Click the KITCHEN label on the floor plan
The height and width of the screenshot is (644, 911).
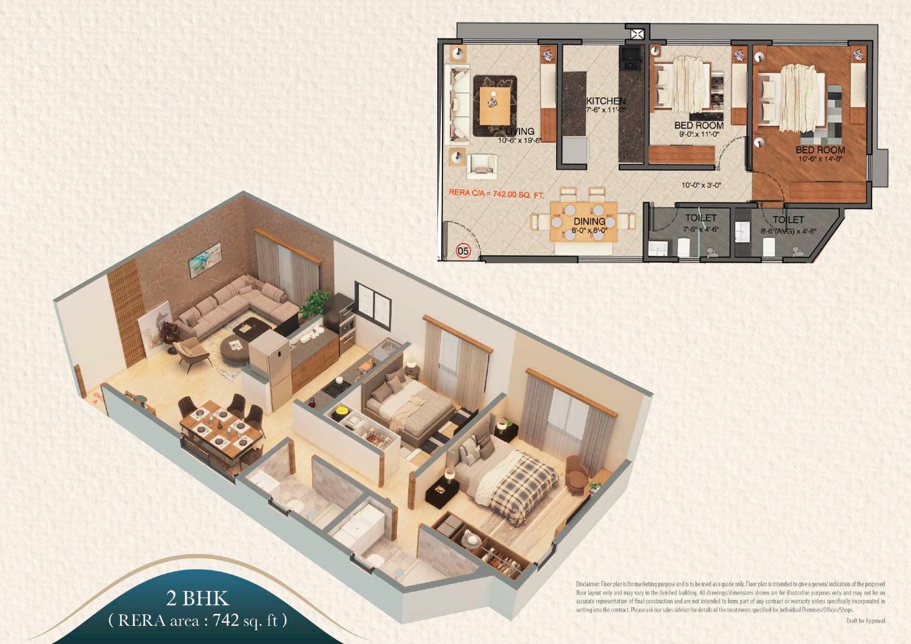tap(606, 101)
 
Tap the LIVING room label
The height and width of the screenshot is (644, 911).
tap(519, 131)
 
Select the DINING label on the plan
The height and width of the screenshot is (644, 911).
tap(589, 221)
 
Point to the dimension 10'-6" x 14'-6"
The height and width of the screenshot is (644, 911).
tap(820, 159)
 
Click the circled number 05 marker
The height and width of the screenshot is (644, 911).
tap(463, 251)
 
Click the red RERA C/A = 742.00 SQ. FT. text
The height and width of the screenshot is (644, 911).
tap(496, 194)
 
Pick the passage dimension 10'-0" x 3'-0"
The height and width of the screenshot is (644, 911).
tap(701, 185)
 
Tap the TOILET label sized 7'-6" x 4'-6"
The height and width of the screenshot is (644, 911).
tap(701, 218)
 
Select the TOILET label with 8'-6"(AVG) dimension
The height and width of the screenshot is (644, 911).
tap(788, 220)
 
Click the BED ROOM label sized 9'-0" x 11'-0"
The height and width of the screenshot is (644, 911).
tap(699, 125)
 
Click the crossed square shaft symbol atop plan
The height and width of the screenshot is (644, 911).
tap(637, 34)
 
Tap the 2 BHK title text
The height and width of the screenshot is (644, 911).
tap(197, 598)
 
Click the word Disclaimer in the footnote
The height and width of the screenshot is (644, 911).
tap(587, 584)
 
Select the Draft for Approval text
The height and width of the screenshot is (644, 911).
tap(865, 621)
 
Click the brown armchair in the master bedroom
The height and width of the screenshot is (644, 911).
tap(576, 473)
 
